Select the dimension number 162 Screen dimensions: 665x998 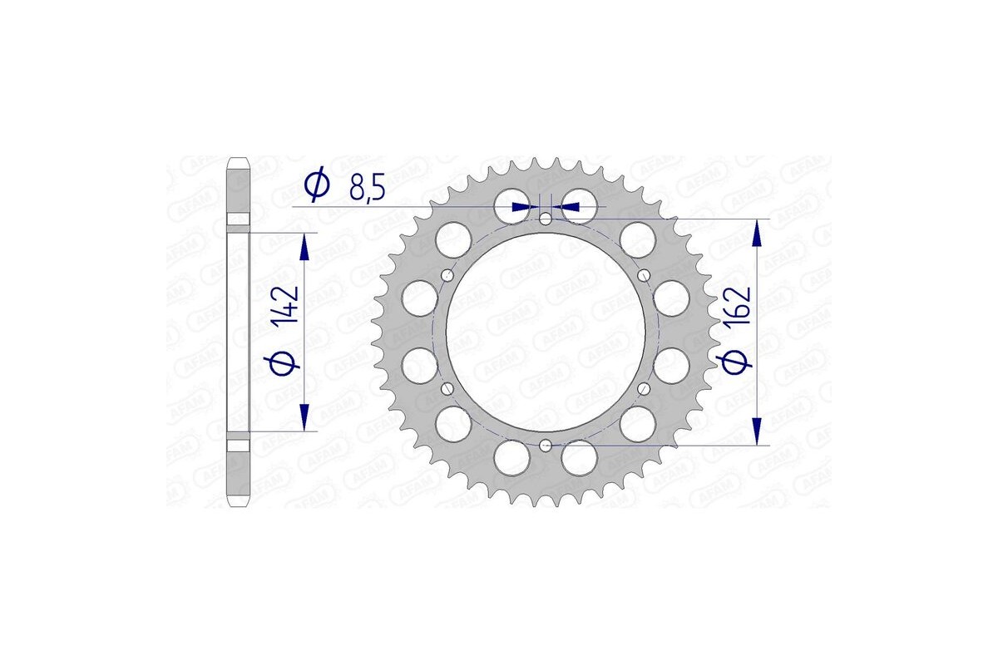pos(739,309)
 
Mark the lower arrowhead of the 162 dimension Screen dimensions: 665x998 pos(757,431)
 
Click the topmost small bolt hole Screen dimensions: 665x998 pos(545,219)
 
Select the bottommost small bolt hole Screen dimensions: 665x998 pos(545,446)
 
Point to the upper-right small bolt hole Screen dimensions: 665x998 pos(643,276)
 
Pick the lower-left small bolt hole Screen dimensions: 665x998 pos(447,389)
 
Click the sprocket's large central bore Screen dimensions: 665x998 pos(545,332)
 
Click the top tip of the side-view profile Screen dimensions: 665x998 pos(239,160)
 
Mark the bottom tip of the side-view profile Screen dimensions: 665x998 pos(239,504)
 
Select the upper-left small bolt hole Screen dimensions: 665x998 pos(447,276)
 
